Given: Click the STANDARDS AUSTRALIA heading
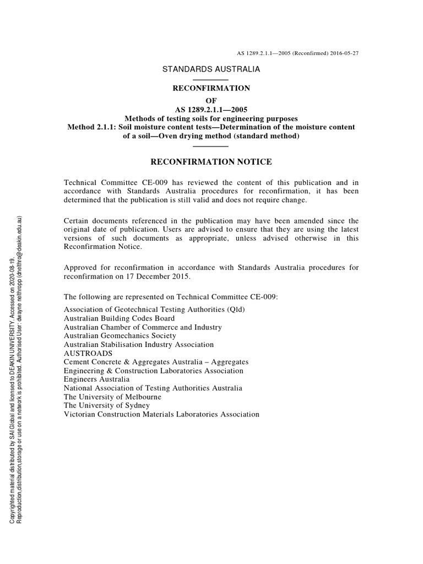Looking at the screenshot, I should point(211,69).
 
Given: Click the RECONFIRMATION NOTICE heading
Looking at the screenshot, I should point(211,161).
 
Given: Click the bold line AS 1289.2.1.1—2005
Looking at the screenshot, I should point(211,109).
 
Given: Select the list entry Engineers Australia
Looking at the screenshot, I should point(97,379).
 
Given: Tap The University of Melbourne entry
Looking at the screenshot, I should point(112,397).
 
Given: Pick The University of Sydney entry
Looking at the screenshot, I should point(106,405).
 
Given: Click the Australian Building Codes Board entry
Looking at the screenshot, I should point(120,318).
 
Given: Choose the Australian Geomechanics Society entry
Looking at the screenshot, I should point(120,335).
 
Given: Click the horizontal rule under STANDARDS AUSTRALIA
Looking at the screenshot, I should point(211,80).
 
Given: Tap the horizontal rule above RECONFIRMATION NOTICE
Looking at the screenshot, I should point(211,147).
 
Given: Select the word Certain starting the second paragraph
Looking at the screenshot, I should point(77,221).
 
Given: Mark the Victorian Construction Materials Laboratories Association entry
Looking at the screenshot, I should point(161,414).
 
